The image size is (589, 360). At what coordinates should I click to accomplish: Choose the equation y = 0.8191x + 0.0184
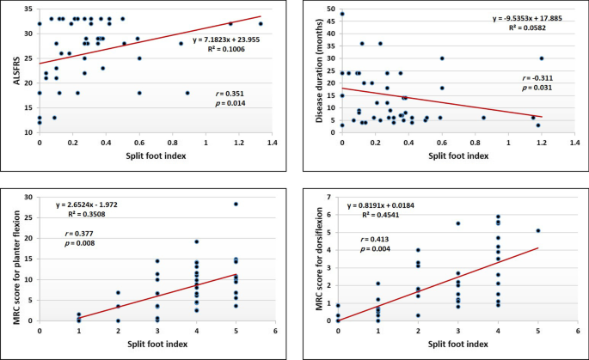[x=388, y=206]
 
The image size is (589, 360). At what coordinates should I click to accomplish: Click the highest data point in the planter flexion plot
[x=236, y=204]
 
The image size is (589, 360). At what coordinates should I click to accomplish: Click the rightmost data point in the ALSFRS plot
[x=261, y=24]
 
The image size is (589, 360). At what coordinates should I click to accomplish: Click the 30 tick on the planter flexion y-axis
[x=29, y=198]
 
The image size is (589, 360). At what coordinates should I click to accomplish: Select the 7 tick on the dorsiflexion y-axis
[x=330, y=198]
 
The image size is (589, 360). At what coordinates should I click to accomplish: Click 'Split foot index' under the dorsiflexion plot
[x=446, y=344]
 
